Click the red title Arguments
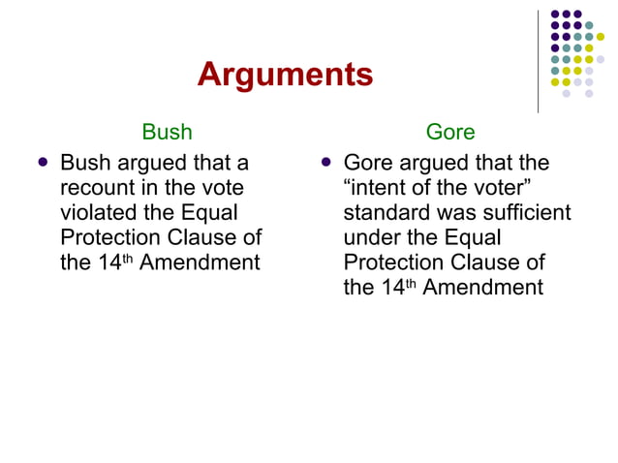point(285,76)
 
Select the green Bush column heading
point(167,131)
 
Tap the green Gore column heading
point(449,131)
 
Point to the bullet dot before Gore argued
point(326,162)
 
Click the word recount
point(96,187)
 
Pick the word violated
point(97,212)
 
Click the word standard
point(386,212)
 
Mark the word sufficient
point(524,212)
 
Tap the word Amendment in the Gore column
point(483,288)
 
